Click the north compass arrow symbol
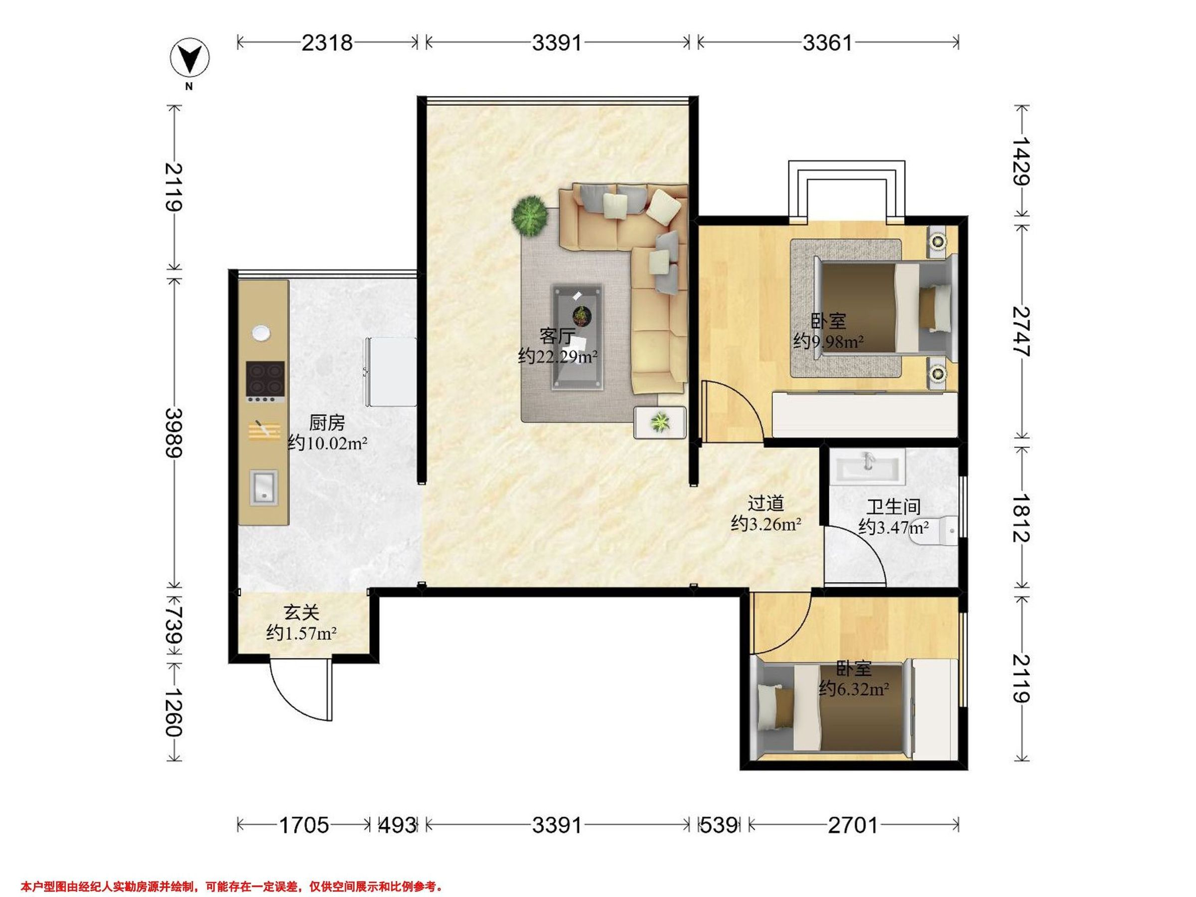coord(189,57)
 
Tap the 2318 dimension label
coord(326,42)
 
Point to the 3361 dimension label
coord(827,42)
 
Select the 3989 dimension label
coord(174,433)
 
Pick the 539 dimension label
coord(719,825)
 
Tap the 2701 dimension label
coord(853,825)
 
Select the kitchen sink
coord(264,488)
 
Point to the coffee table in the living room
coord(577,337)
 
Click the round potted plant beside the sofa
coord(529,216)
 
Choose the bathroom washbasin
coord(868,465)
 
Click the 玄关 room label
coord(301,612)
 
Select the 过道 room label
coord(765,503)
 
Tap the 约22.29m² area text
coord(558,356)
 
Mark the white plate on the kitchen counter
coord(261,333)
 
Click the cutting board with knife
coord(264,431)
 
